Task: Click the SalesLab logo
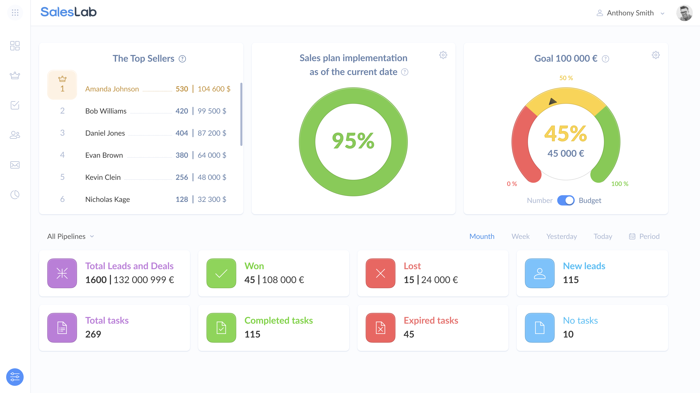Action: point(69,12)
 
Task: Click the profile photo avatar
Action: point(684,13)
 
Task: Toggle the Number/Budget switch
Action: point(565,200)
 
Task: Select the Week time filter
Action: point(521,236)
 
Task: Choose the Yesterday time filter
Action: point(561,236)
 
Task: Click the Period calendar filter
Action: point(644,236)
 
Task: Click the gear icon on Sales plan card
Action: point(443,55)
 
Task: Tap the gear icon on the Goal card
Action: point(655,55)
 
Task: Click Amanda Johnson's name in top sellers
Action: point(112,89)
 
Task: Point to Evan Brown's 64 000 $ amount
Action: point(212,155)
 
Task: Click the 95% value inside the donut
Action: point(353,141)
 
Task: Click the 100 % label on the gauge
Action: point(620,184)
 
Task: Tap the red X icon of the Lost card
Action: point(380,273)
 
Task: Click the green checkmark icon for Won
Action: point(221,273)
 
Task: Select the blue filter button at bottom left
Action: point(15,377)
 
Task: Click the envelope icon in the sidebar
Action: point(15,165)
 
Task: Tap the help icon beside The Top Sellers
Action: point(182,59)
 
